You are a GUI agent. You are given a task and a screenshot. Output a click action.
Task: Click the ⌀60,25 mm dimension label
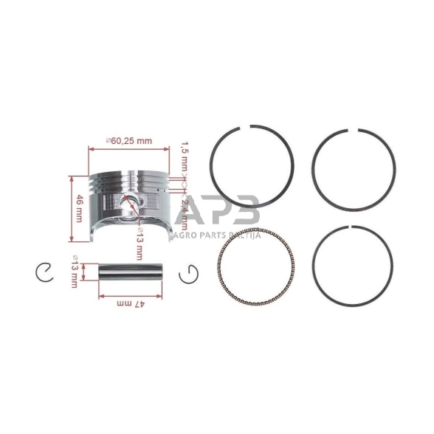[x=129, y=141]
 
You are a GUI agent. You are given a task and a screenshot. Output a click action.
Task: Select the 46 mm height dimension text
[x=78, y=208]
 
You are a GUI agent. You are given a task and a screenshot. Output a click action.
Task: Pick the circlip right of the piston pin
[x=189, y=274]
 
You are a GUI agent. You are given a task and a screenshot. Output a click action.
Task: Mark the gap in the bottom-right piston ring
[x=352, y=224]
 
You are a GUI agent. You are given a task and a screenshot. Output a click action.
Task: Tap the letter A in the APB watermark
[x=197, y=210]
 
